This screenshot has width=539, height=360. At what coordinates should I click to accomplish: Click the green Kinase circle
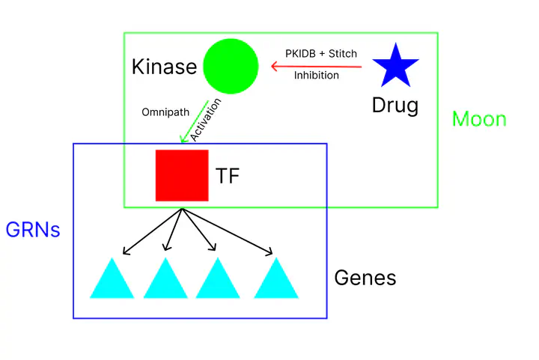[231, 67]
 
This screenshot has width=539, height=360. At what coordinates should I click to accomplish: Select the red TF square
[182, 175]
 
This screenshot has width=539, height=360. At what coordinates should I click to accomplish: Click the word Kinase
[164, 67]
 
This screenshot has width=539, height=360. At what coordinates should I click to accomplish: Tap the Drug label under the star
[395, 106]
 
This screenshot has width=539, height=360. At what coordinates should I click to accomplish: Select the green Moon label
[479, 119]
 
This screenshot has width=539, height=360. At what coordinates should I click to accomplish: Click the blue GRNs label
[32, 230]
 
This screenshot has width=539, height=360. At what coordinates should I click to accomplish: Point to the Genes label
[365, 278]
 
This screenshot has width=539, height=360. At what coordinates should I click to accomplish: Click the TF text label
[228, 177]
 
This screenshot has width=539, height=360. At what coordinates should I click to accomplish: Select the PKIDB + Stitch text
[320, 54]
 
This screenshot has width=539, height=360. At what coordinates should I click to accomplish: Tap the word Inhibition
[316, 75]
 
